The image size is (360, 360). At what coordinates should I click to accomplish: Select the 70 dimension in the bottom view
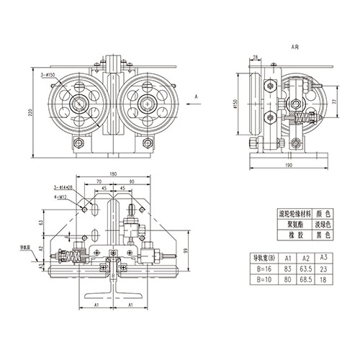pos(99,182)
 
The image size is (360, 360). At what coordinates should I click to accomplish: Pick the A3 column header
pos(324,257)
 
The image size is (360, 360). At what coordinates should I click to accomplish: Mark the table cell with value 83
pos(287,268)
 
